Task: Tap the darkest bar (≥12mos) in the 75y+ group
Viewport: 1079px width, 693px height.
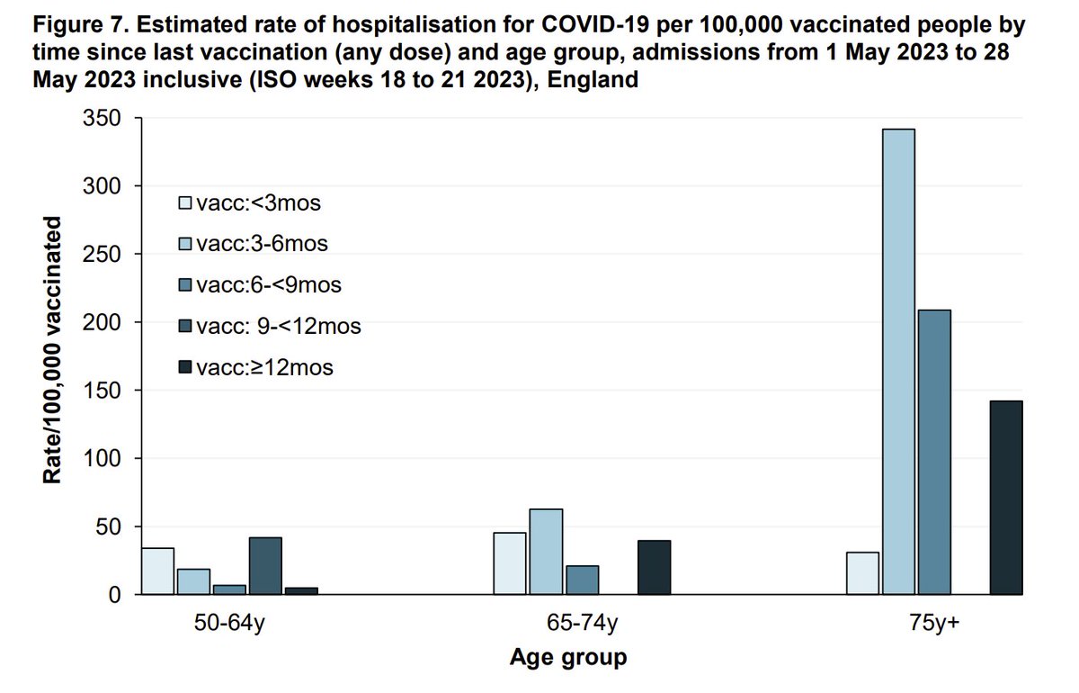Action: tap(1006, 498)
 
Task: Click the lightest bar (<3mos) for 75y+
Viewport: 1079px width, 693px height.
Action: tap(862, 573)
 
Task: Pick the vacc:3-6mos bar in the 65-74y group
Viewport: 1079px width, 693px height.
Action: tap(546, 552)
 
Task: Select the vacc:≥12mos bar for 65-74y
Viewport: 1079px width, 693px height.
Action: tap(654, 568)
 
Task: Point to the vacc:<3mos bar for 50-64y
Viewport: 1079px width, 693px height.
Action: tap(157, 571)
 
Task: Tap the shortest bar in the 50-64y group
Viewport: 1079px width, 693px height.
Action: tap(301, 591)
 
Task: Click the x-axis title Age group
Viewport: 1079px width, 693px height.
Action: tap(567, 658)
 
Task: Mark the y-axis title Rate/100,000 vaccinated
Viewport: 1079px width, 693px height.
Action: tap(54, 350)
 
